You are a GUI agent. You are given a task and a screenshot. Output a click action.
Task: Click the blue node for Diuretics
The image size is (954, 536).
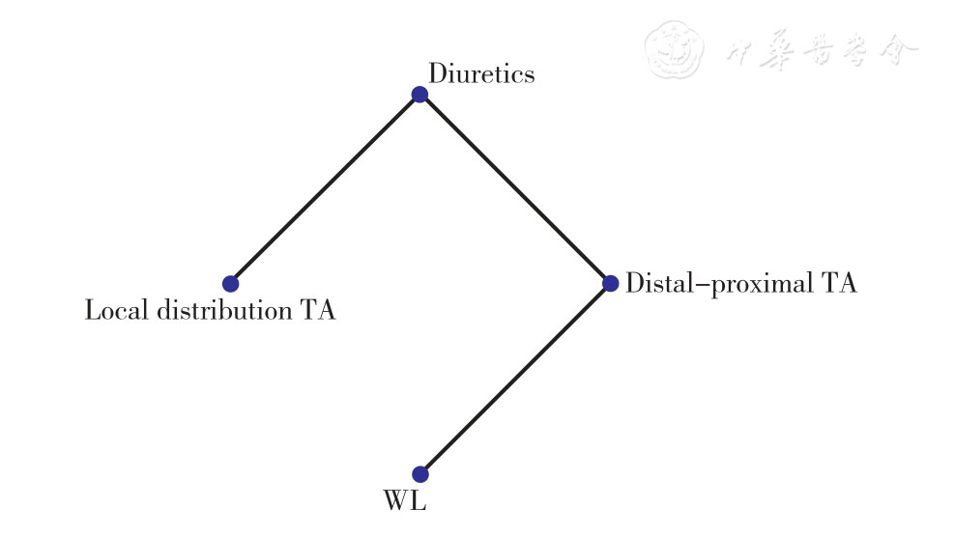pos(419,94)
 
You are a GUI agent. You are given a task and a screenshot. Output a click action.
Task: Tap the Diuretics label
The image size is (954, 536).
pos(481,73)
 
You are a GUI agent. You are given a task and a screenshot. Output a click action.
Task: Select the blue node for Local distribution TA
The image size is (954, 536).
pos(230,284)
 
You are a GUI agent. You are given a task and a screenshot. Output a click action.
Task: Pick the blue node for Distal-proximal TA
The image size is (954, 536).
pos(610,283)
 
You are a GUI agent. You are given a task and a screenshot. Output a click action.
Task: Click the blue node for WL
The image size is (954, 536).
pos(419,474)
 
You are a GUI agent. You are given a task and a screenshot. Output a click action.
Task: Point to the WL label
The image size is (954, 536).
pos(405,502)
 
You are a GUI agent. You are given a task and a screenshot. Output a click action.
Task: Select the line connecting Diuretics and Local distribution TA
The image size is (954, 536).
pos(325,188)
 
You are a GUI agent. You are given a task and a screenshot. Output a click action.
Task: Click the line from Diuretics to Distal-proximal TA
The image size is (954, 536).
pos(514,188)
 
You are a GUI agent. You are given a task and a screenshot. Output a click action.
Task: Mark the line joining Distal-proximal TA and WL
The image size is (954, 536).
pos(514,379)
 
